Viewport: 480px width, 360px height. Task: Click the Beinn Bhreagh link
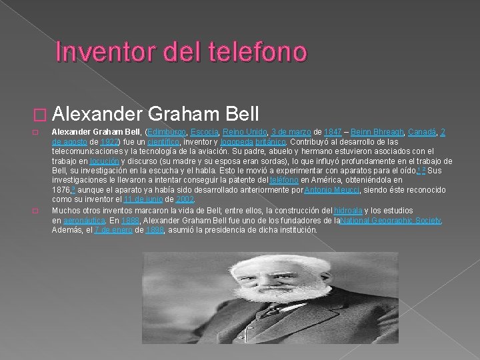(x=375, y=133)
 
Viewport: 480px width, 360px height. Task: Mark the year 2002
(x=187, y=199)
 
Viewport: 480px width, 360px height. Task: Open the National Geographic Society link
(x=391, y=220)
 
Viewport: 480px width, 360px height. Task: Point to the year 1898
(x=155, y=230)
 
